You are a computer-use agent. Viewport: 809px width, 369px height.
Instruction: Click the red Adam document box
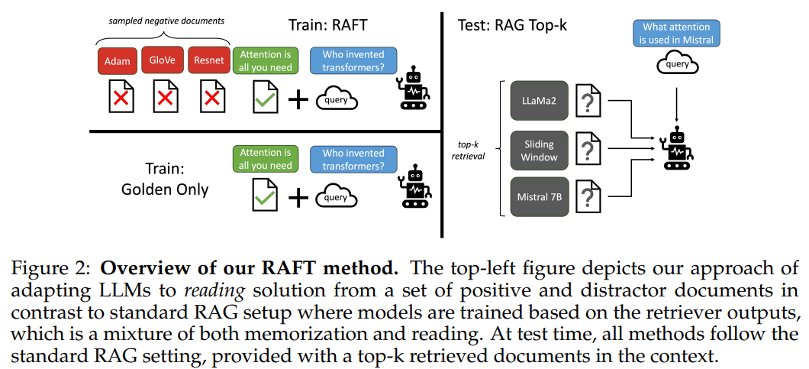tap(118, 61)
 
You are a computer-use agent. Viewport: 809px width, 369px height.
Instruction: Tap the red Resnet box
tap(209, 61)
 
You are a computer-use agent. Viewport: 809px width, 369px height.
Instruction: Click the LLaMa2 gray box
tap(539, 100)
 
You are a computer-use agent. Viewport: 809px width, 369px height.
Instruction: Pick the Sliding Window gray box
tap(539, 151)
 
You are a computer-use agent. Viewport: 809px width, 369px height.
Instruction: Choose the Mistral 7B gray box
tap(539, 196)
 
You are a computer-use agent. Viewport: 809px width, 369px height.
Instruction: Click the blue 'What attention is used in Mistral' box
tap(676, 34)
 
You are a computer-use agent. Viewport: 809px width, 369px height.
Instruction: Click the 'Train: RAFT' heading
tap(327, 24)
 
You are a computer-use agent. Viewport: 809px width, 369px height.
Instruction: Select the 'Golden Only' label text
tap(165, 189)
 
